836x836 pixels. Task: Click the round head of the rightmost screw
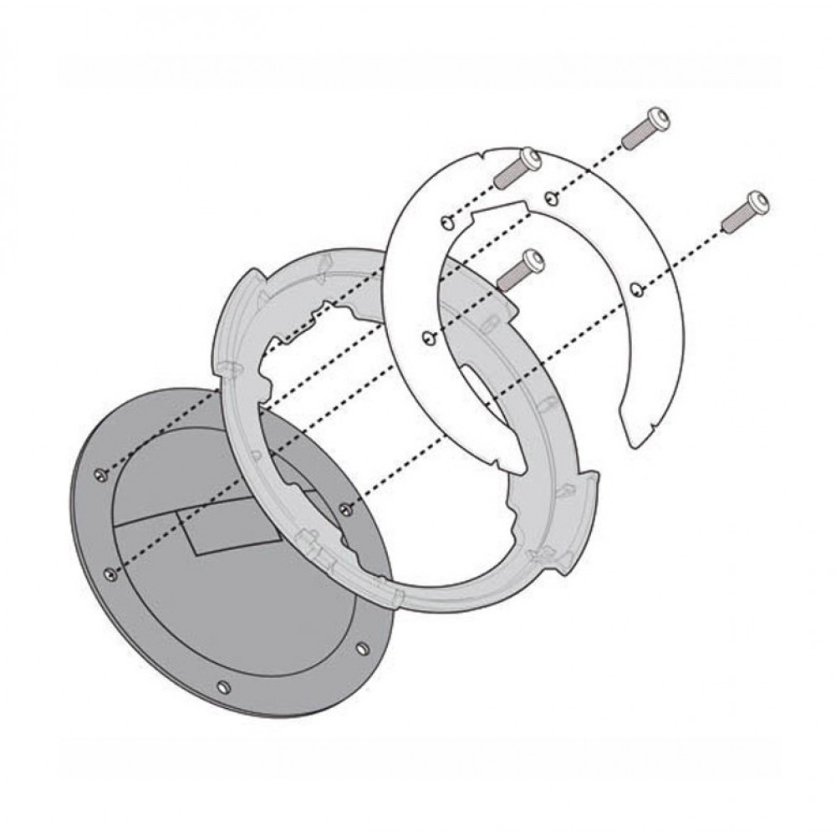coord(759,200)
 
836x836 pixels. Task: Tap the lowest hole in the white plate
coord(428,338)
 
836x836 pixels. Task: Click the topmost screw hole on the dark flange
coord(101,474)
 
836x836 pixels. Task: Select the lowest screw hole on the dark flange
coord(222,687)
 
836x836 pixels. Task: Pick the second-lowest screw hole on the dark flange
coord(359,648)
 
